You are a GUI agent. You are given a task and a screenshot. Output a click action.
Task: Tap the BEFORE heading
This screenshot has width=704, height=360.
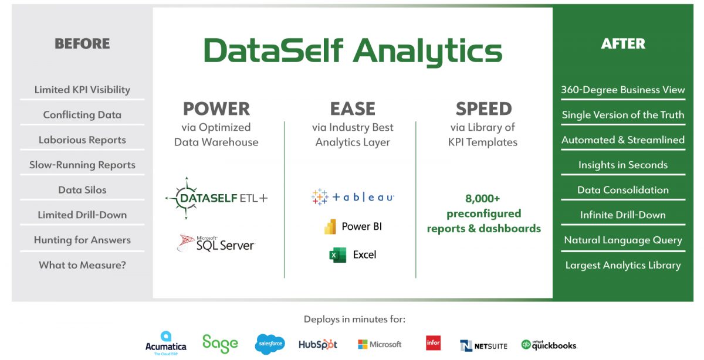coord(82,43)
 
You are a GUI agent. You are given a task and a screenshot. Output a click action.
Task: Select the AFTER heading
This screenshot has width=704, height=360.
coord(622,43)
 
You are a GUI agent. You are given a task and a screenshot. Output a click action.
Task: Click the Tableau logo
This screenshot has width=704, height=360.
coord(353,197)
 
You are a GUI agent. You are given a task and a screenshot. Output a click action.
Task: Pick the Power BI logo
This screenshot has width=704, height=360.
coord(353,226)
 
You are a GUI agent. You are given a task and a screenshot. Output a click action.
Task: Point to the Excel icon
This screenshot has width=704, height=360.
coord(338,255)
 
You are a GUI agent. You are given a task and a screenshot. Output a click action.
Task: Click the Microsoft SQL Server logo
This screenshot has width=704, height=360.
coord(216,243)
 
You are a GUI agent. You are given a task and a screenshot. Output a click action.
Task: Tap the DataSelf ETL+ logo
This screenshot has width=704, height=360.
coord(216,198)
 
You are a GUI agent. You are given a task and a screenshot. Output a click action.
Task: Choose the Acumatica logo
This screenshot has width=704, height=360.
coord(165,344)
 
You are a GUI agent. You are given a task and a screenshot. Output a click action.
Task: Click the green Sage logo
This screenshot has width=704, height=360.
coord(220,344)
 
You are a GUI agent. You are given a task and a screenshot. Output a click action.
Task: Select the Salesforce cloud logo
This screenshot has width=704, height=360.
coord(270,344)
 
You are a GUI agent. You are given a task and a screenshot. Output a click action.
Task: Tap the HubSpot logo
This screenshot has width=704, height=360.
coord(318,345)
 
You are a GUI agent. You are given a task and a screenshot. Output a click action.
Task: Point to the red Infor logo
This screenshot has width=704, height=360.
coord(434,343)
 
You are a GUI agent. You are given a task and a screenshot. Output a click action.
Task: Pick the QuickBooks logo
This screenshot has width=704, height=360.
coord(549,345)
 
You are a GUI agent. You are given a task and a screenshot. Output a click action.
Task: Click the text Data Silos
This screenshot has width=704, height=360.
coord(82,190)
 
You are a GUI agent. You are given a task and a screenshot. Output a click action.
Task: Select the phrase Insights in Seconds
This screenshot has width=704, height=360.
coord(622,165)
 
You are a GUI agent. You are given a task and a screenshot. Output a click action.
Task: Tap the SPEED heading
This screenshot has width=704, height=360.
coord(483,108)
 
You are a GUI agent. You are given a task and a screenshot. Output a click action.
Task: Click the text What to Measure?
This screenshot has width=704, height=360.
coord(82,265)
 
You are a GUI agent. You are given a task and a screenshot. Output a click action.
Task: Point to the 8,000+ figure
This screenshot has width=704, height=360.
coord(483,198)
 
